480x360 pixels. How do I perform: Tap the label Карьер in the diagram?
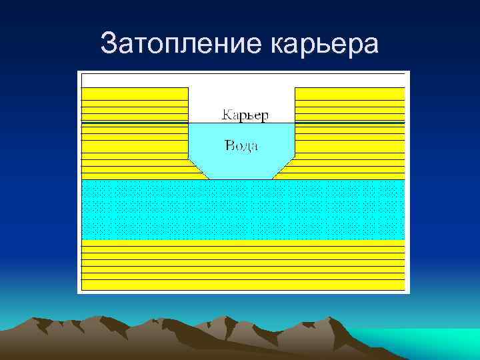pyautogui.click(x=245, y=115)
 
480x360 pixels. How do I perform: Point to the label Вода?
pyautogui.click(x=241, y=145)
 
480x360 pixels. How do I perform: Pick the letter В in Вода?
pyautogui.click(x=229, y=145)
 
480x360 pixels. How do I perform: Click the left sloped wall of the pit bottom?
pyautogui.click(x=199, y=169)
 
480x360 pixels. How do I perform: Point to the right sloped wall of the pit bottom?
pyautogui.click(x=283, y=169)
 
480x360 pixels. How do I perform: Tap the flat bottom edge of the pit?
pyautogui.click(x=241, y=179)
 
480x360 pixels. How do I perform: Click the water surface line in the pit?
pyautogui.click(x=241, y=123)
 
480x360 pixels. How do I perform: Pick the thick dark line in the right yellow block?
pyautogui.click(x=349, y=124)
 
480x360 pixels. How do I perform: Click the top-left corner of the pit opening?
pyautogui.click(x=189, y=87)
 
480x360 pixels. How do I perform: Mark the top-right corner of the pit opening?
pyautogui.click(x=294, y=87)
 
